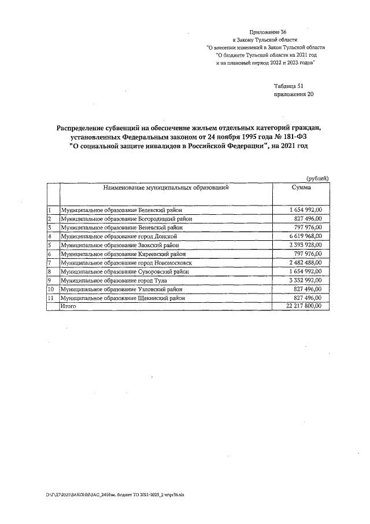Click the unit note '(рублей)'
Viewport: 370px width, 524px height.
tap(317, 178)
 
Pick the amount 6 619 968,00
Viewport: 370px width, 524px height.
tap(305, 236)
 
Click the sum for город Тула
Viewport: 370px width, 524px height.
tap(305, 280)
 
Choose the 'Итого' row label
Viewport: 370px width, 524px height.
tap(69, 306)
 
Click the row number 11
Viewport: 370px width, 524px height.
tap(51, 298)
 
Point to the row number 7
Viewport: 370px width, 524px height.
tap(50, 263)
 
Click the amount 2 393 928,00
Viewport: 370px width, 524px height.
tap(305, 245)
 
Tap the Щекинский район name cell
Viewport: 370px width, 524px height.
tap(123, 298)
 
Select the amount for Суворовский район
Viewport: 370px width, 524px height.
tap(305, 272)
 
